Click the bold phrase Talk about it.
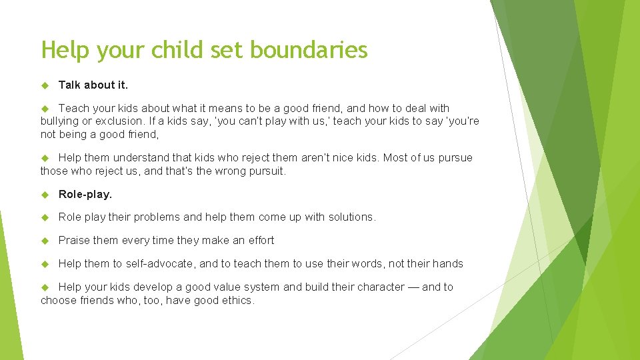93,85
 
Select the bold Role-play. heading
85,194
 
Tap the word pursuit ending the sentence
267,171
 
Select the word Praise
74,241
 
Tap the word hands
447,264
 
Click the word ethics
237,301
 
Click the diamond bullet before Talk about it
45,85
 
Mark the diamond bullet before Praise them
45,241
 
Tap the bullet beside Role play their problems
45,217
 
